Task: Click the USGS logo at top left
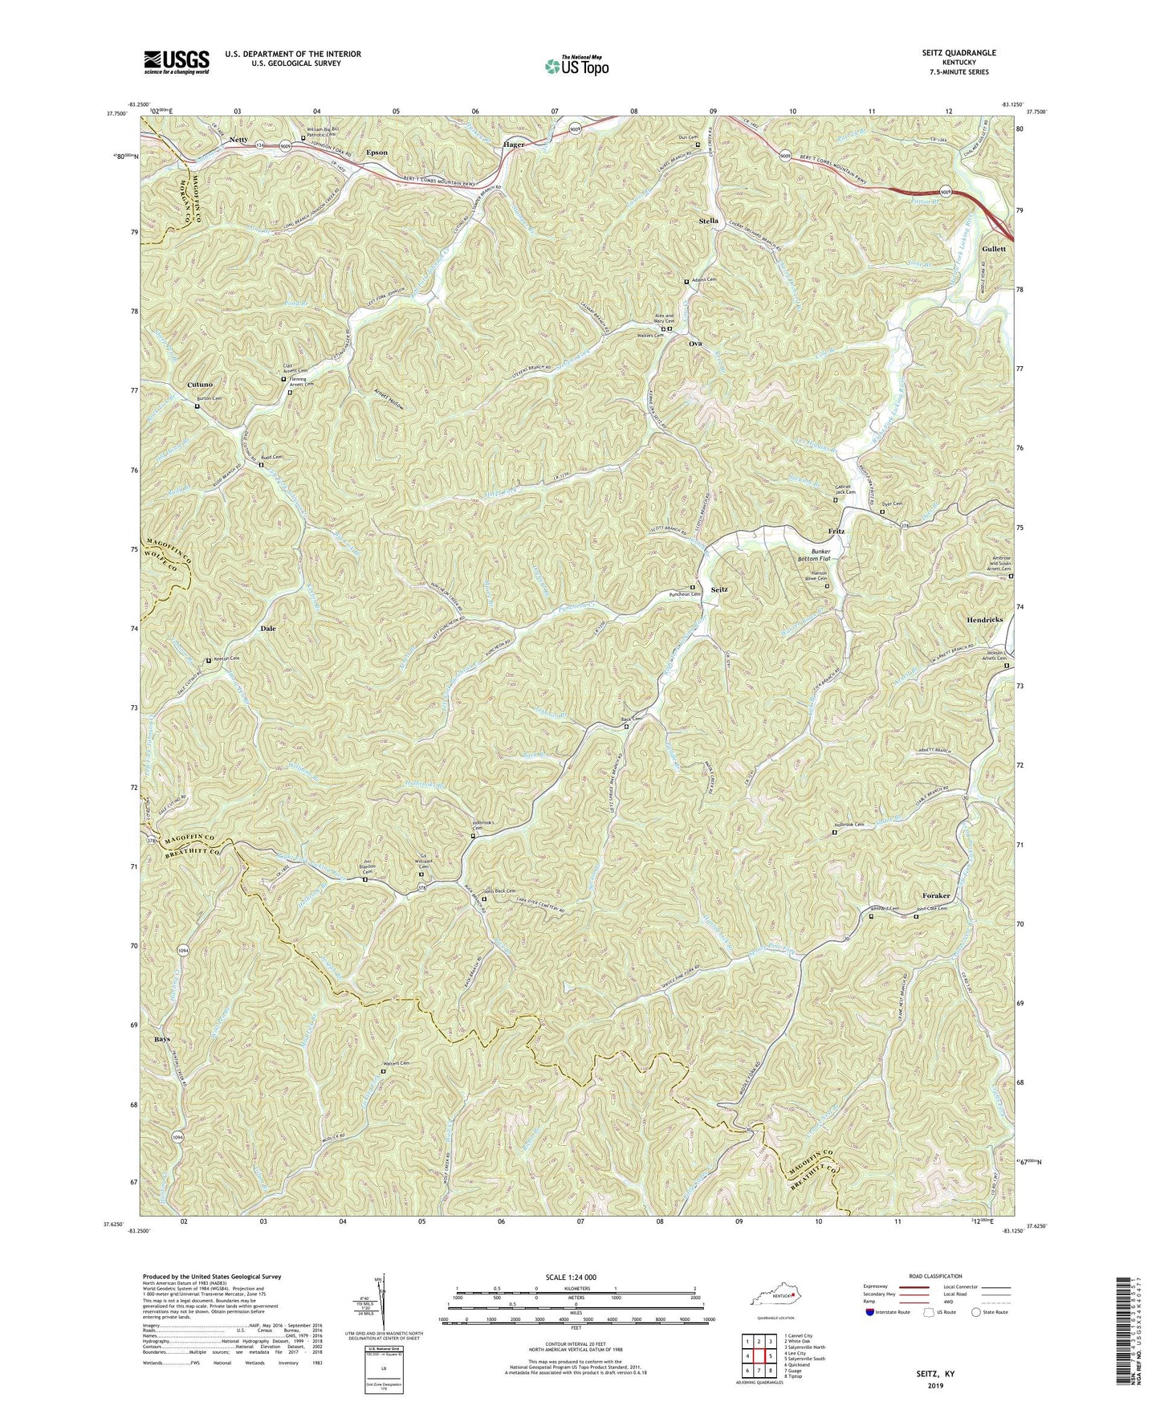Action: (x=177, y=61)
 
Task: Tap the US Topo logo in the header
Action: (x=576, y=66)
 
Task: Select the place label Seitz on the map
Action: (x=719, y=589)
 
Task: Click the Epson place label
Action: (x=376, y=152)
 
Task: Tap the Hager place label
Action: (x=514, y=145)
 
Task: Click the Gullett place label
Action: (x=993, y=249)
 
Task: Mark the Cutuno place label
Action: (x=200, y=385)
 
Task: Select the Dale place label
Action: (x=267, y=629)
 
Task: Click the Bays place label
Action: (x=161, y=1039)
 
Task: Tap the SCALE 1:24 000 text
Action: (x=578, y=1277)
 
